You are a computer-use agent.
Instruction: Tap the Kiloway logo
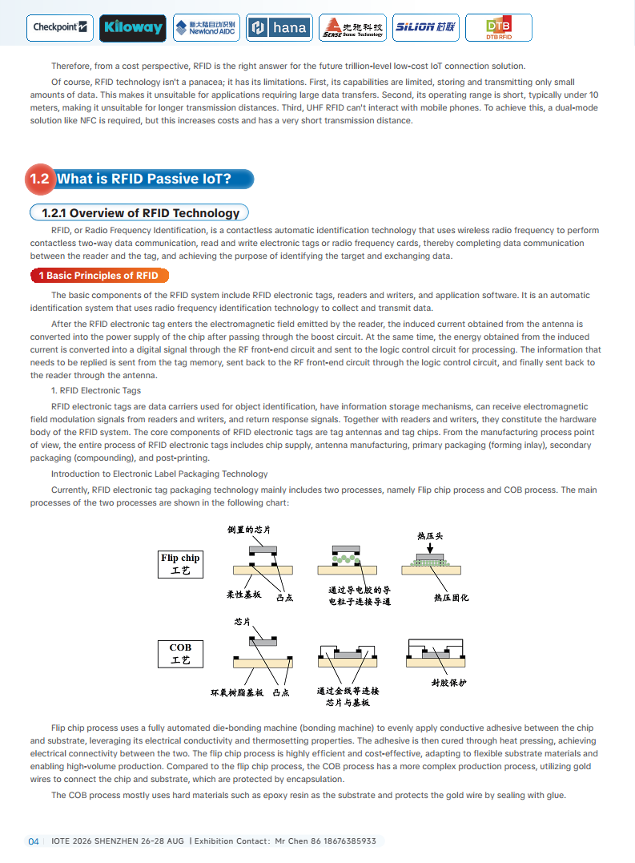coord(133,28)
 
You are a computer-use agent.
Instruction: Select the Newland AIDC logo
coord(205,28)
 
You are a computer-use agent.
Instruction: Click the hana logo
coord(279,28)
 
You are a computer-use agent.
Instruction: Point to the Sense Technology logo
coord(352,28)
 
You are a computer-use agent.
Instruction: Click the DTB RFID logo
coord(498,28)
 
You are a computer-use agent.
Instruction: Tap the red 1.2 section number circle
coord(40,179)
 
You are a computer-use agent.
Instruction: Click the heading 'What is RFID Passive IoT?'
coord(144,179)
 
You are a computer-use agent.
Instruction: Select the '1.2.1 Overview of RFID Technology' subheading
coord(140,212)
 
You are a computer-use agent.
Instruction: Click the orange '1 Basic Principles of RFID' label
coord(98,276)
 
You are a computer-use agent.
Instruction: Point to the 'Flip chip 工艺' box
coord(180,564)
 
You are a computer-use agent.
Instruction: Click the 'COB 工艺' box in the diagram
coord(180,654)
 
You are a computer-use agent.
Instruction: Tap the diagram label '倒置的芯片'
coord(249,530)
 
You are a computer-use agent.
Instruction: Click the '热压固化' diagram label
coord(451,598)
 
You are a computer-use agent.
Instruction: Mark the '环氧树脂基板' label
coord(237,692)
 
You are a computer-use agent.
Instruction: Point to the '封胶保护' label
coord(448,684)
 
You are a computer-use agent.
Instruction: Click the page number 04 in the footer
coord(34,841)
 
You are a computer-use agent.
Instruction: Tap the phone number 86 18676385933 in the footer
coord(338,841)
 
